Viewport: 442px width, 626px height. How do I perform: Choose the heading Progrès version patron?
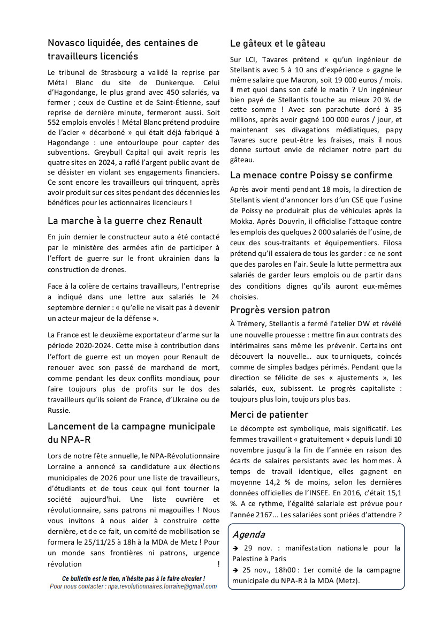280,310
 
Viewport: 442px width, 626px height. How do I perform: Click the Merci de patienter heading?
269,414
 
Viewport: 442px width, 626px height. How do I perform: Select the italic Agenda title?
249,534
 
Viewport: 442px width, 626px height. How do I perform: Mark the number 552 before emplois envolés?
54,121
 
